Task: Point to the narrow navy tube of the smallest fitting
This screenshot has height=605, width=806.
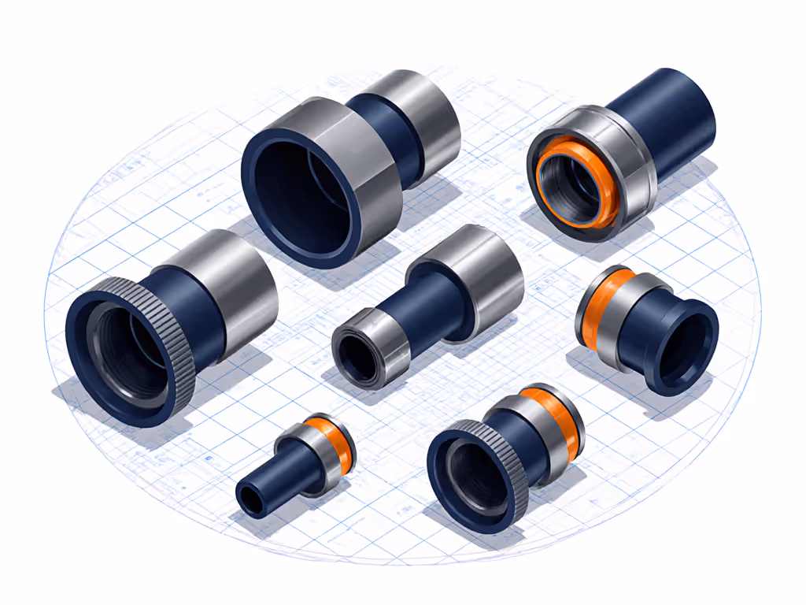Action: point(275,477)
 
